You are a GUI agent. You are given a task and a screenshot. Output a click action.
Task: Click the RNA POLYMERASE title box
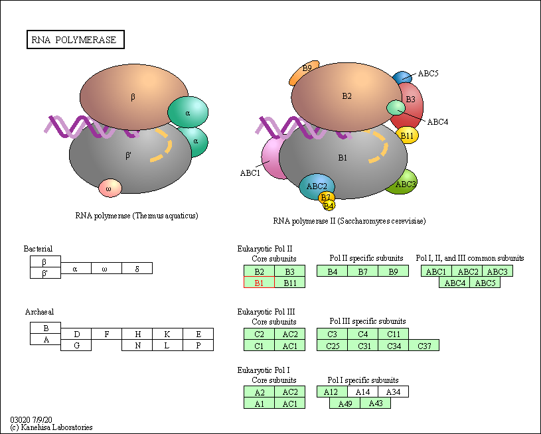pyautogui.click(x=76, y=40)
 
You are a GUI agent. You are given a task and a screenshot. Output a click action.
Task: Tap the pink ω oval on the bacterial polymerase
pyautogui.click(x=110, y=188)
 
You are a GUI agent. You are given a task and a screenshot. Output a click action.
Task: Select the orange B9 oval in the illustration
pyautogui.click(x=304, y=72)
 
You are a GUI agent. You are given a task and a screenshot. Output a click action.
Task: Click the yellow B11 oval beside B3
pyautogui.click(x=407, y=135)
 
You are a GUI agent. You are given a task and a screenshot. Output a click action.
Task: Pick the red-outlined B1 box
pyautogui.click(x=259, y=283)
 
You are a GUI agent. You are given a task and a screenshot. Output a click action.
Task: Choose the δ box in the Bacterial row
pyautogui.click(x=137, y=268)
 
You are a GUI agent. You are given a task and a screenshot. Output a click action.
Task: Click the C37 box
pyautogui.click(x=424, y=345)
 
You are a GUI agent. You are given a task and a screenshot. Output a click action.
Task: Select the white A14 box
pyautogui.click(x=363, y=392)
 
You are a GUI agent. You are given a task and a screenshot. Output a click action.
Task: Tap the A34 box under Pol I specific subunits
pyautogui.click(x=394, y=392)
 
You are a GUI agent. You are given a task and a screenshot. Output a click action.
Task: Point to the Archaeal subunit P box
pyautogui.click(x=198, y=345)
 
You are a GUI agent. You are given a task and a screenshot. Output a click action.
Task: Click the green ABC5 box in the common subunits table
pyautogui.click(x=485, y=283)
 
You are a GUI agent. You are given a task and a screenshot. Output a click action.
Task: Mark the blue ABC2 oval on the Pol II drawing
pyautogui.click(x=317, y=186)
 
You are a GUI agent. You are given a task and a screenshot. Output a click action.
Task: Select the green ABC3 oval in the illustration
pyautogui.click(x=403, y=182)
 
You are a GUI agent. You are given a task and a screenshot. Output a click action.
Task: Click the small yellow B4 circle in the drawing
pyautogui.click(x=329, y=206)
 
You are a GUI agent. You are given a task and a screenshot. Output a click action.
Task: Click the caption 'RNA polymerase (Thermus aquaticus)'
pyautogui.click(x=137, y=216)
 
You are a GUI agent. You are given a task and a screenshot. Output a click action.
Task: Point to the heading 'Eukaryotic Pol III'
pyautogui.click(x=266, y=312)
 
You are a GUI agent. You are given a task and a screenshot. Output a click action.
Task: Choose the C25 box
pyautogui.click(x=333, y=345)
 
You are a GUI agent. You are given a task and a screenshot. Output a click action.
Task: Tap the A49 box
pyautogui.click(x=345, y=403)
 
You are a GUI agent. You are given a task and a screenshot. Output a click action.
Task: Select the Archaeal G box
pyautogui.click(x=76, y=345)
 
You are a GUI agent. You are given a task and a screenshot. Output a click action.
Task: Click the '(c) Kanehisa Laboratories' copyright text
pyautogui.click(x=51, y=427)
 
